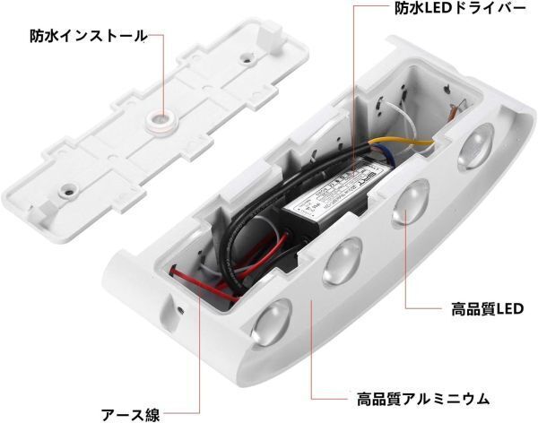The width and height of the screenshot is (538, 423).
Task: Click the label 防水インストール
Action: [86, 36]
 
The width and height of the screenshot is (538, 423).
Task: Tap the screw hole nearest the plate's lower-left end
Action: [65, 189]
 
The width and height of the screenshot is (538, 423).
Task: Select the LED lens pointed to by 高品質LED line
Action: [407, 205]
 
